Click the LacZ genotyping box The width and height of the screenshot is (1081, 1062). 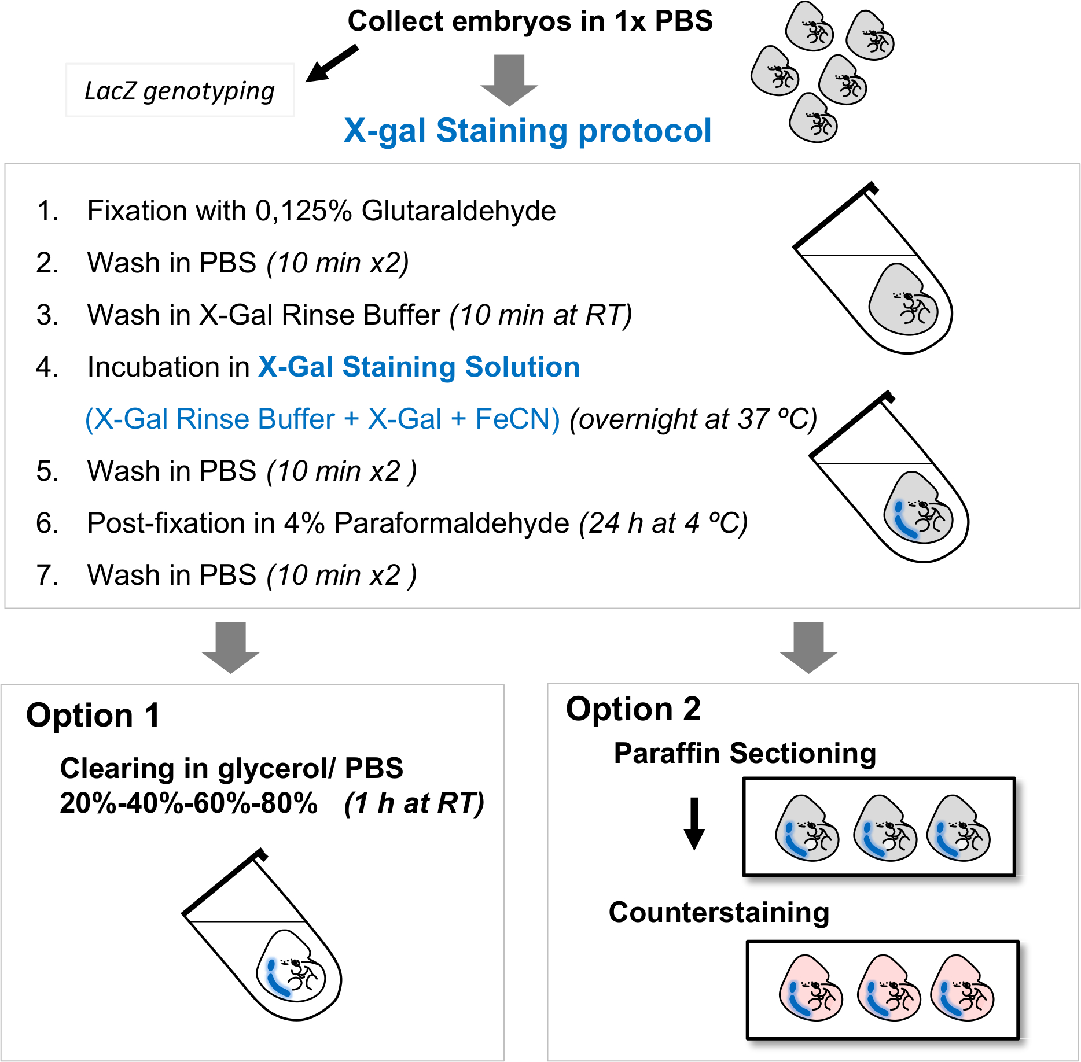180,90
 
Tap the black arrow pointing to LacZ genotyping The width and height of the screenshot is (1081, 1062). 332,63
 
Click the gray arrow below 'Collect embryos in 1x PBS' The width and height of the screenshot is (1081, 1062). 509,80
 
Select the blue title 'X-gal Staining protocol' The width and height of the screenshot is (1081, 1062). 527,130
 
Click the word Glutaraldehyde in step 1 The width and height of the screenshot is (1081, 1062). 459,211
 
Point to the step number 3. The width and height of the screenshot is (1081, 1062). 47,315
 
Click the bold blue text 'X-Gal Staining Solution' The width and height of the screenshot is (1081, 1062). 419,367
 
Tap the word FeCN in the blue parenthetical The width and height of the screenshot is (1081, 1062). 512,419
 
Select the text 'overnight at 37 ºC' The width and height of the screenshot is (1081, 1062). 693,419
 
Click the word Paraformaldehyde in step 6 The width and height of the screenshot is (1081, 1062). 452,523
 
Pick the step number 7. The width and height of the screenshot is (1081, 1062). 47,576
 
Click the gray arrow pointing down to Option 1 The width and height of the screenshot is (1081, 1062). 230,647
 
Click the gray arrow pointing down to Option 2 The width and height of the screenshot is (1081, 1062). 808,647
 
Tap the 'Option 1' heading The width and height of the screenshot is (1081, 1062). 93,716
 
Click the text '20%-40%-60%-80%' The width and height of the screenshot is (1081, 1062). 189,803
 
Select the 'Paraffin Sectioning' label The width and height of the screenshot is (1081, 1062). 745,754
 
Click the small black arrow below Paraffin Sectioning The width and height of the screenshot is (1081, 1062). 694,824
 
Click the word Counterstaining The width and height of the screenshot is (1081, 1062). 719,912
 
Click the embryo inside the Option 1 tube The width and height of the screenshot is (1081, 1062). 291,965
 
